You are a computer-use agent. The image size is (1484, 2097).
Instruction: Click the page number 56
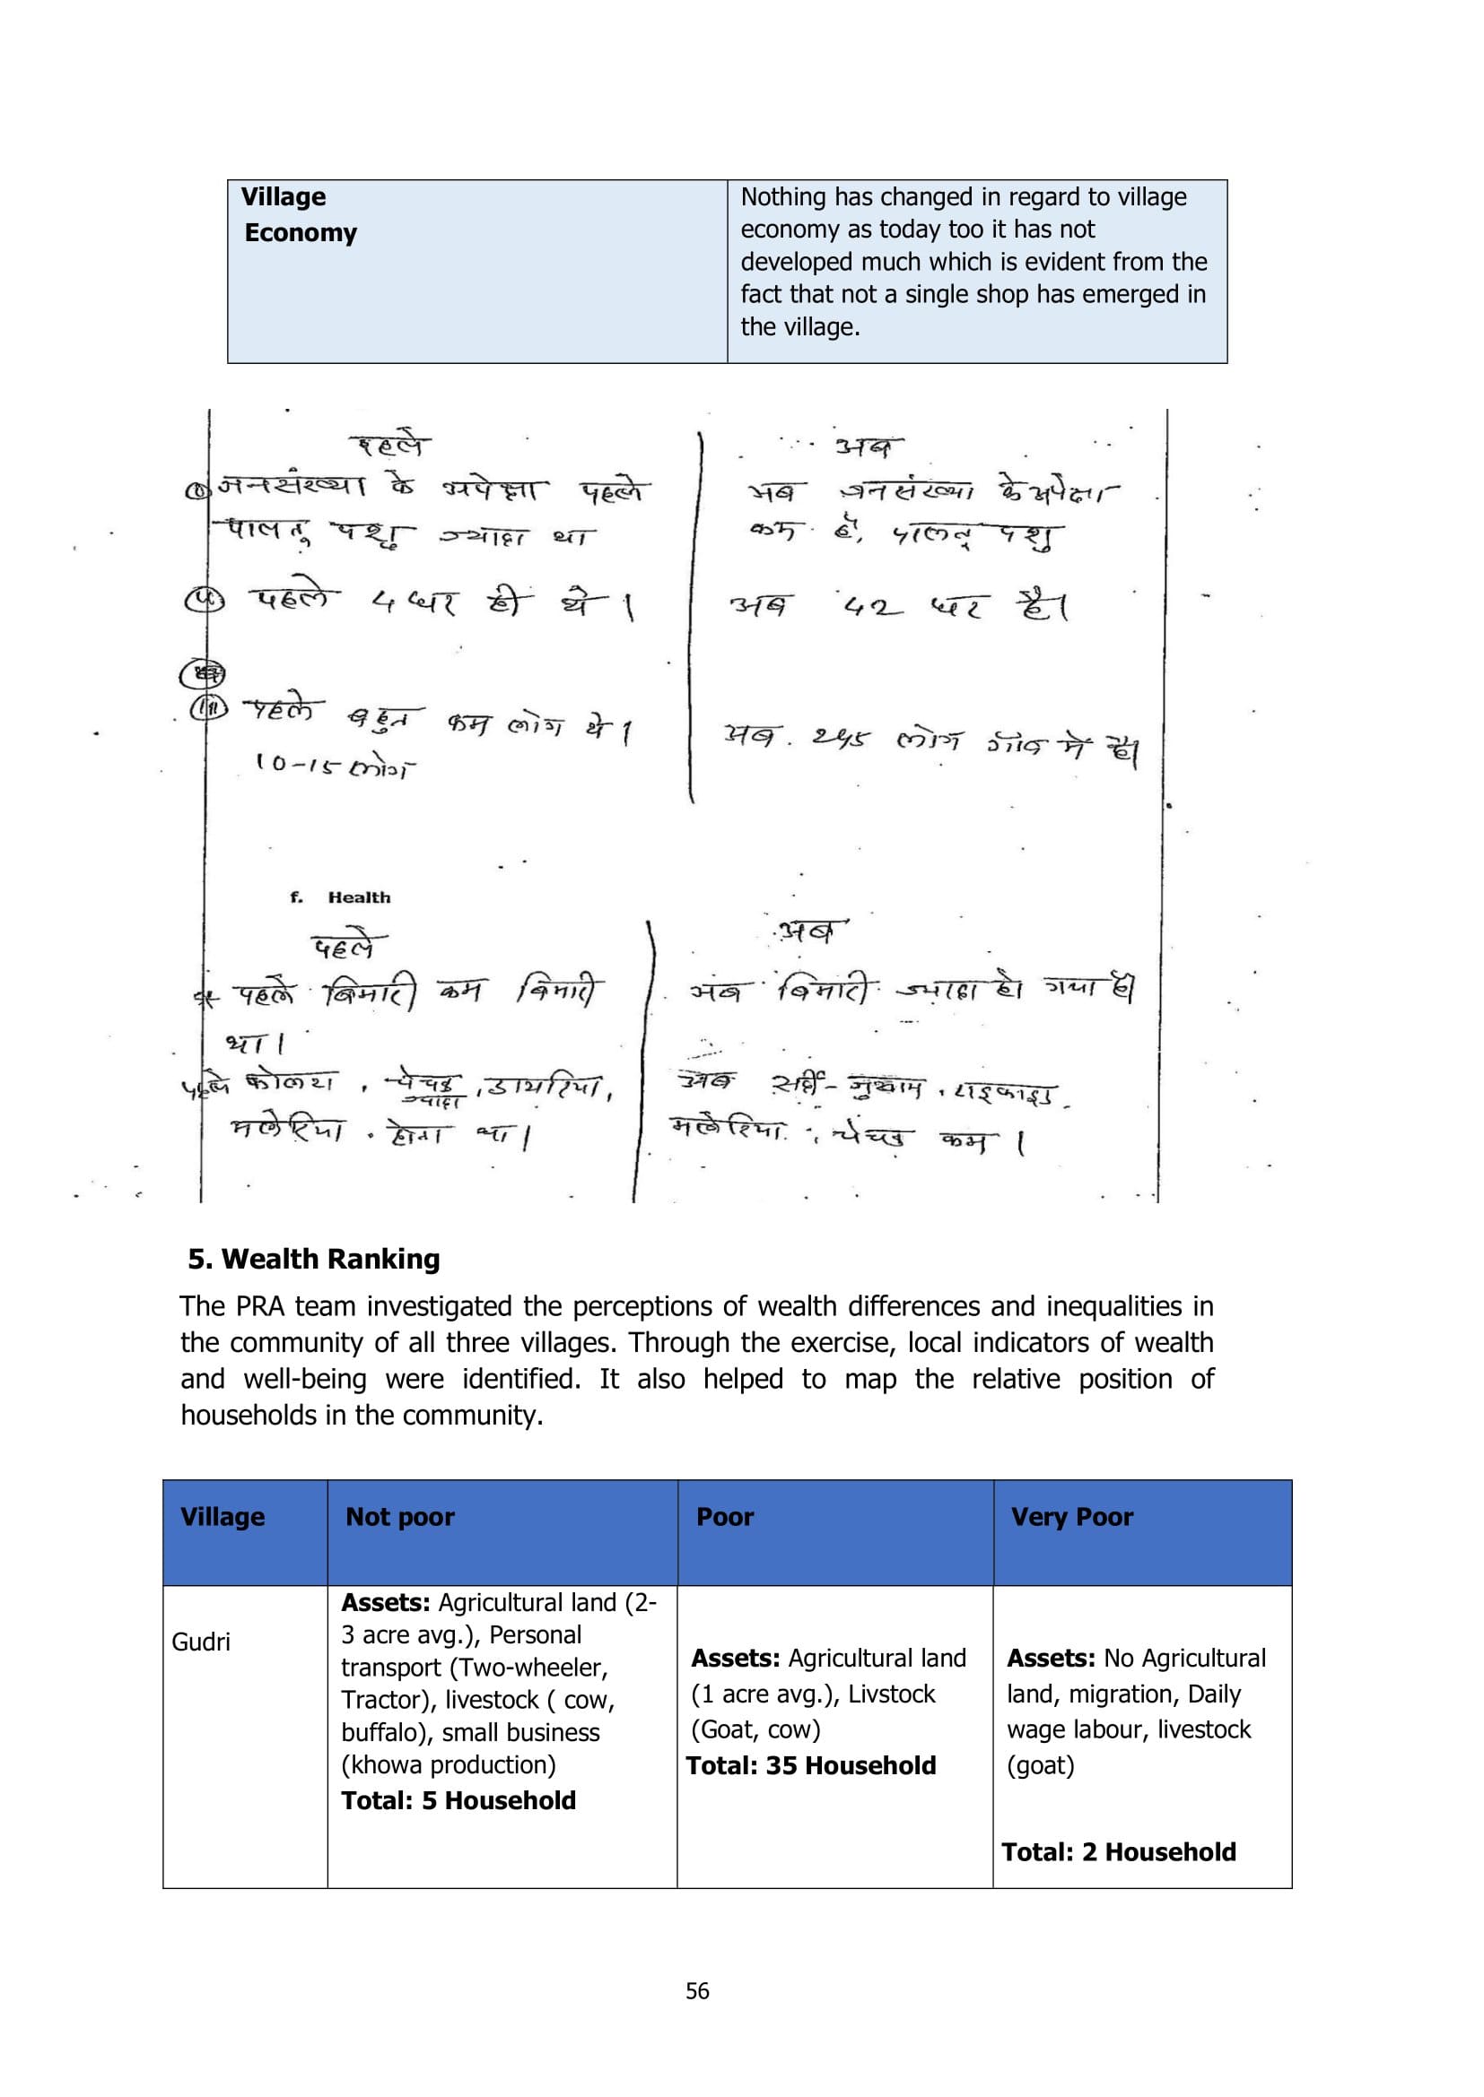[697, 1991]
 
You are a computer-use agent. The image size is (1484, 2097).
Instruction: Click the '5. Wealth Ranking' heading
[313, 1259]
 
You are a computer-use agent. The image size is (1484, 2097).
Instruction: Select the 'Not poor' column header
[399, 1516]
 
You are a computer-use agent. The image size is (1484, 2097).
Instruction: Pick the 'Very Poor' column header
[1071, 1516]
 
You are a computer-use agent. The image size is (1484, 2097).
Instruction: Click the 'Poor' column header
[725, 1516]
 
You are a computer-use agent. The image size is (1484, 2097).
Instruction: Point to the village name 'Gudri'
[201, 1642]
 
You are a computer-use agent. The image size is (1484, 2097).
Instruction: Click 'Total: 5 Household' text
[458, 1800]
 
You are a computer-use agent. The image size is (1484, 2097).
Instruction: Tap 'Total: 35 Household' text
[810, 1765]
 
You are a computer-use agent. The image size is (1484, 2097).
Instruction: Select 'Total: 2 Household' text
[1119, 1851]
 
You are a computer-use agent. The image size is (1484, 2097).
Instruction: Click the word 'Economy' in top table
[301, 233]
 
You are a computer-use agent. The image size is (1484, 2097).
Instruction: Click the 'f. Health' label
[341, 897]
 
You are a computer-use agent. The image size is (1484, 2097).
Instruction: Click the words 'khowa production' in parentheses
[449, 1764]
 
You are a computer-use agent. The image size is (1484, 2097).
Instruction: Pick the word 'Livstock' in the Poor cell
[891, 1694]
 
